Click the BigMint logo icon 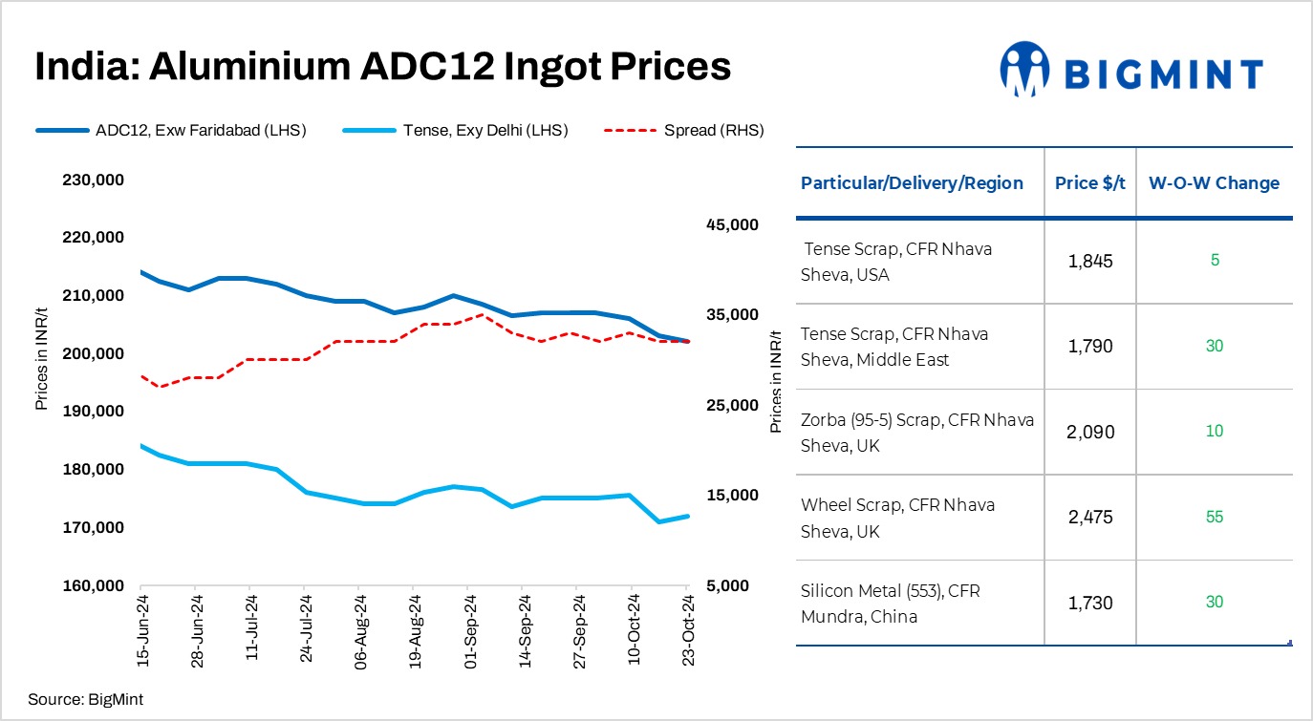pos(1024,69)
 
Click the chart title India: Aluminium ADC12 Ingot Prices pos(382,67)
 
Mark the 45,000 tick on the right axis pos(731,224)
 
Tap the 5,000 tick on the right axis pos(736,585)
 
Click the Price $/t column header pos(1090,183)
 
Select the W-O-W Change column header pos(1214,183)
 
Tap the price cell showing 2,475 pos(1090,517)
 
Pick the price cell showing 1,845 pos(1090,261)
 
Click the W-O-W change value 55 pos(1214,517)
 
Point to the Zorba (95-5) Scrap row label pos(916,432)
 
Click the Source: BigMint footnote pos(85,699)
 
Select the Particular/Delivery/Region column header pos(912,183)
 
